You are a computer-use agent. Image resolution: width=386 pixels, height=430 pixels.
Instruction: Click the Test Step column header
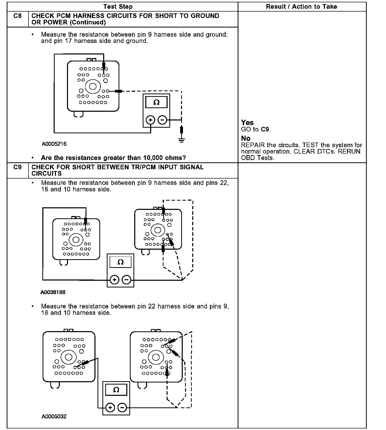click(118, 7)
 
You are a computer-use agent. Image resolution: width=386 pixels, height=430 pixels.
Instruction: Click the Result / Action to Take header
click(301, 7)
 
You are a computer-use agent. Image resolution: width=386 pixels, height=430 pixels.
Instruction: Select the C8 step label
click(17, 16)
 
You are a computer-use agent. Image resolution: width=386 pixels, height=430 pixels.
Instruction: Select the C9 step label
click(17, 167)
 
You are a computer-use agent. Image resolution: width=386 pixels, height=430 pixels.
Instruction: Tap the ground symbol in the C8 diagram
click(181, 140)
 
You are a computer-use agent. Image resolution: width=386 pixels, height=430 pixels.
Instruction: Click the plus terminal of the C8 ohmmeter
click(150, 120)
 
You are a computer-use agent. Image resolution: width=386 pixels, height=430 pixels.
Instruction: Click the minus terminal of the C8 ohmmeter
click(162, 120)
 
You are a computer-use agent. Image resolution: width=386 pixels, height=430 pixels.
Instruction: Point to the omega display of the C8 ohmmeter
click(156, 102)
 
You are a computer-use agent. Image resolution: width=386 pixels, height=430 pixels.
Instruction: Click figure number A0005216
click(54, 144)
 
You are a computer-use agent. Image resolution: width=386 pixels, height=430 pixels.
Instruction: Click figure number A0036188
click(53, 292)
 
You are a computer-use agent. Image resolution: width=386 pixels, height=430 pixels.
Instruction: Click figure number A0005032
click(54, 417)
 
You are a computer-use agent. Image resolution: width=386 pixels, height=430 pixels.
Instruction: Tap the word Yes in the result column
click(247, 123)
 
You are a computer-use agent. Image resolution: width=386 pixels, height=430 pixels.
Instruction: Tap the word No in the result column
click(246, 138)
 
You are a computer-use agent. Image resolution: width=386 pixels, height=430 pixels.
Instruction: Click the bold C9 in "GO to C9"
click(265, 129)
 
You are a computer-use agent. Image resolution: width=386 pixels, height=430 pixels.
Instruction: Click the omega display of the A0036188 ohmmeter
click(120, 262)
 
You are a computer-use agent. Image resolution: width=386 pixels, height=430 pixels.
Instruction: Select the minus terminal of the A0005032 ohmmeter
click(122, 408)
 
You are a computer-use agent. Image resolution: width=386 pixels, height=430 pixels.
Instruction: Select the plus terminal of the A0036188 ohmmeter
click(114, 280)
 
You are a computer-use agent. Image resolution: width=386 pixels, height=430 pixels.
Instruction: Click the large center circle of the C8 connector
click(93, 86)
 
